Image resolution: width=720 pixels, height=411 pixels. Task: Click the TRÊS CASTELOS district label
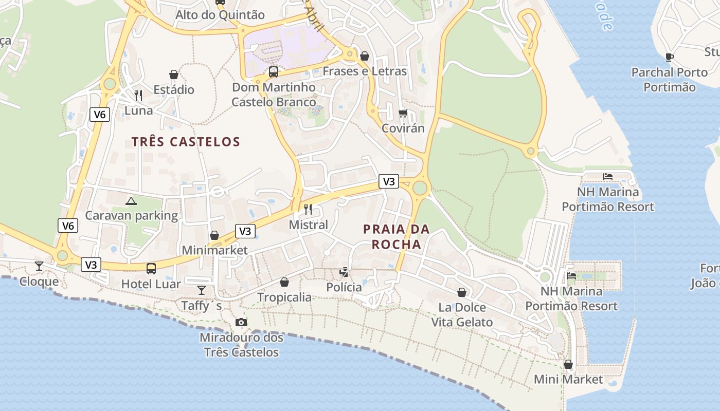[186, 142]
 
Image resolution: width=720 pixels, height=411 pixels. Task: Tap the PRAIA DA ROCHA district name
[396, 237]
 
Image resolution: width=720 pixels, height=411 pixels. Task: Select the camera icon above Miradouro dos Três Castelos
[241, 322]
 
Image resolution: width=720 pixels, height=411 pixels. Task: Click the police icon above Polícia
[344, 272]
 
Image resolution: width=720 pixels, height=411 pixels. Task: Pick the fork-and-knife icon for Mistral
[308, 209]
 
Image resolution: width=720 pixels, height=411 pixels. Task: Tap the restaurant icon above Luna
[138, 95]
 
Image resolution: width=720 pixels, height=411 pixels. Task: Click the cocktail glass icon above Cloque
[39, 266]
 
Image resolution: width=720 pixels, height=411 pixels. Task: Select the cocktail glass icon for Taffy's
[202, 290]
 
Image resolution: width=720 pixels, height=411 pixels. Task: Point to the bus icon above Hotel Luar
[151, 268]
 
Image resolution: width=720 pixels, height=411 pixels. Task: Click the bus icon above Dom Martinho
[274, 71]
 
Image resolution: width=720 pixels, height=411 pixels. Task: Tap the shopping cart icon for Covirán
[403, 113]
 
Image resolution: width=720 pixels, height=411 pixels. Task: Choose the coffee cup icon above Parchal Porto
[669, 57]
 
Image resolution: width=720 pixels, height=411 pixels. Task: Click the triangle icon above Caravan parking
[131, 200]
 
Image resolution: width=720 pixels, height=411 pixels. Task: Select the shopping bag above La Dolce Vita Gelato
[462, 292]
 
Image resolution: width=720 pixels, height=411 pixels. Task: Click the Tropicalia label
[284, 297]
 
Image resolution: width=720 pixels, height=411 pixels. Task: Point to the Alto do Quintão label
[220, 15]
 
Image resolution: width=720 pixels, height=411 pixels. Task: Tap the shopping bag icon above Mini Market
[568, 364]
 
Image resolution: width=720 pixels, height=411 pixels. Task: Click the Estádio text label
[174, 90]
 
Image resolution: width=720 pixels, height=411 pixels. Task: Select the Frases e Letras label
[365, 71]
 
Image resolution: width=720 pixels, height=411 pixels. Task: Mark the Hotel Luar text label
[151, 284]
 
